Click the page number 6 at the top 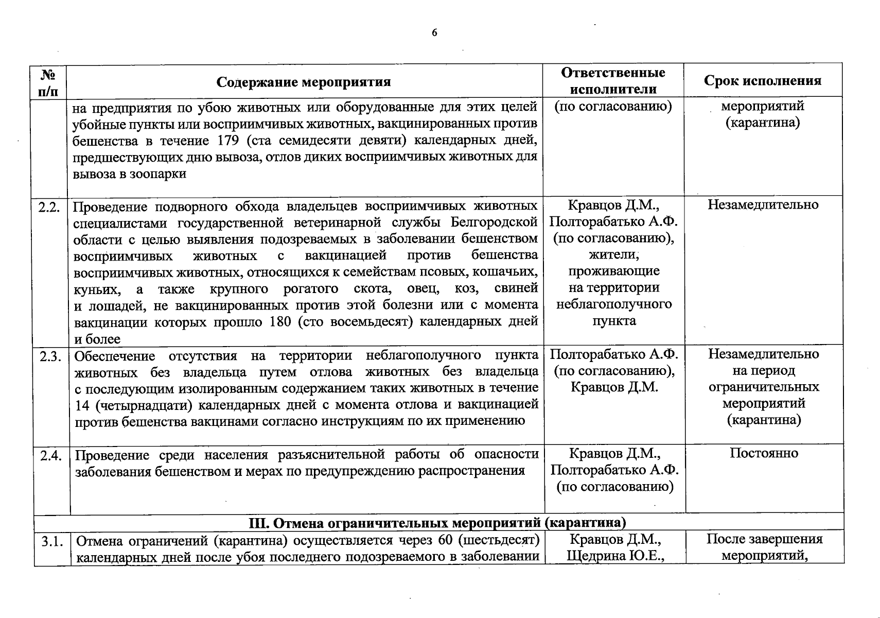click(x=434, y=33)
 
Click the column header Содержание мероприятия click(x=304, y=82)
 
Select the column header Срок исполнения click(x=763, y=80)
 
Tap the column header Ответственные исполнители click(x=613, y=80)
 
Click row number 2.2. click(x=49, y=207)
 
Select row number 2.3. click(x=50, y=356)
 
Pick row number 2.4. click(x=50, y=456)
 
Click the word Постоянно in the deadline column click(x=764, y=453)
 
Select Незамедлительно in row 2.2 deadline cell click(x=763, y=205)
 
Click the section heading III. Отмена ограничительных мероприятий click(x=437, y=523)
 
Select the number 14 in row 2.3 click(x=82, y=405)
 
